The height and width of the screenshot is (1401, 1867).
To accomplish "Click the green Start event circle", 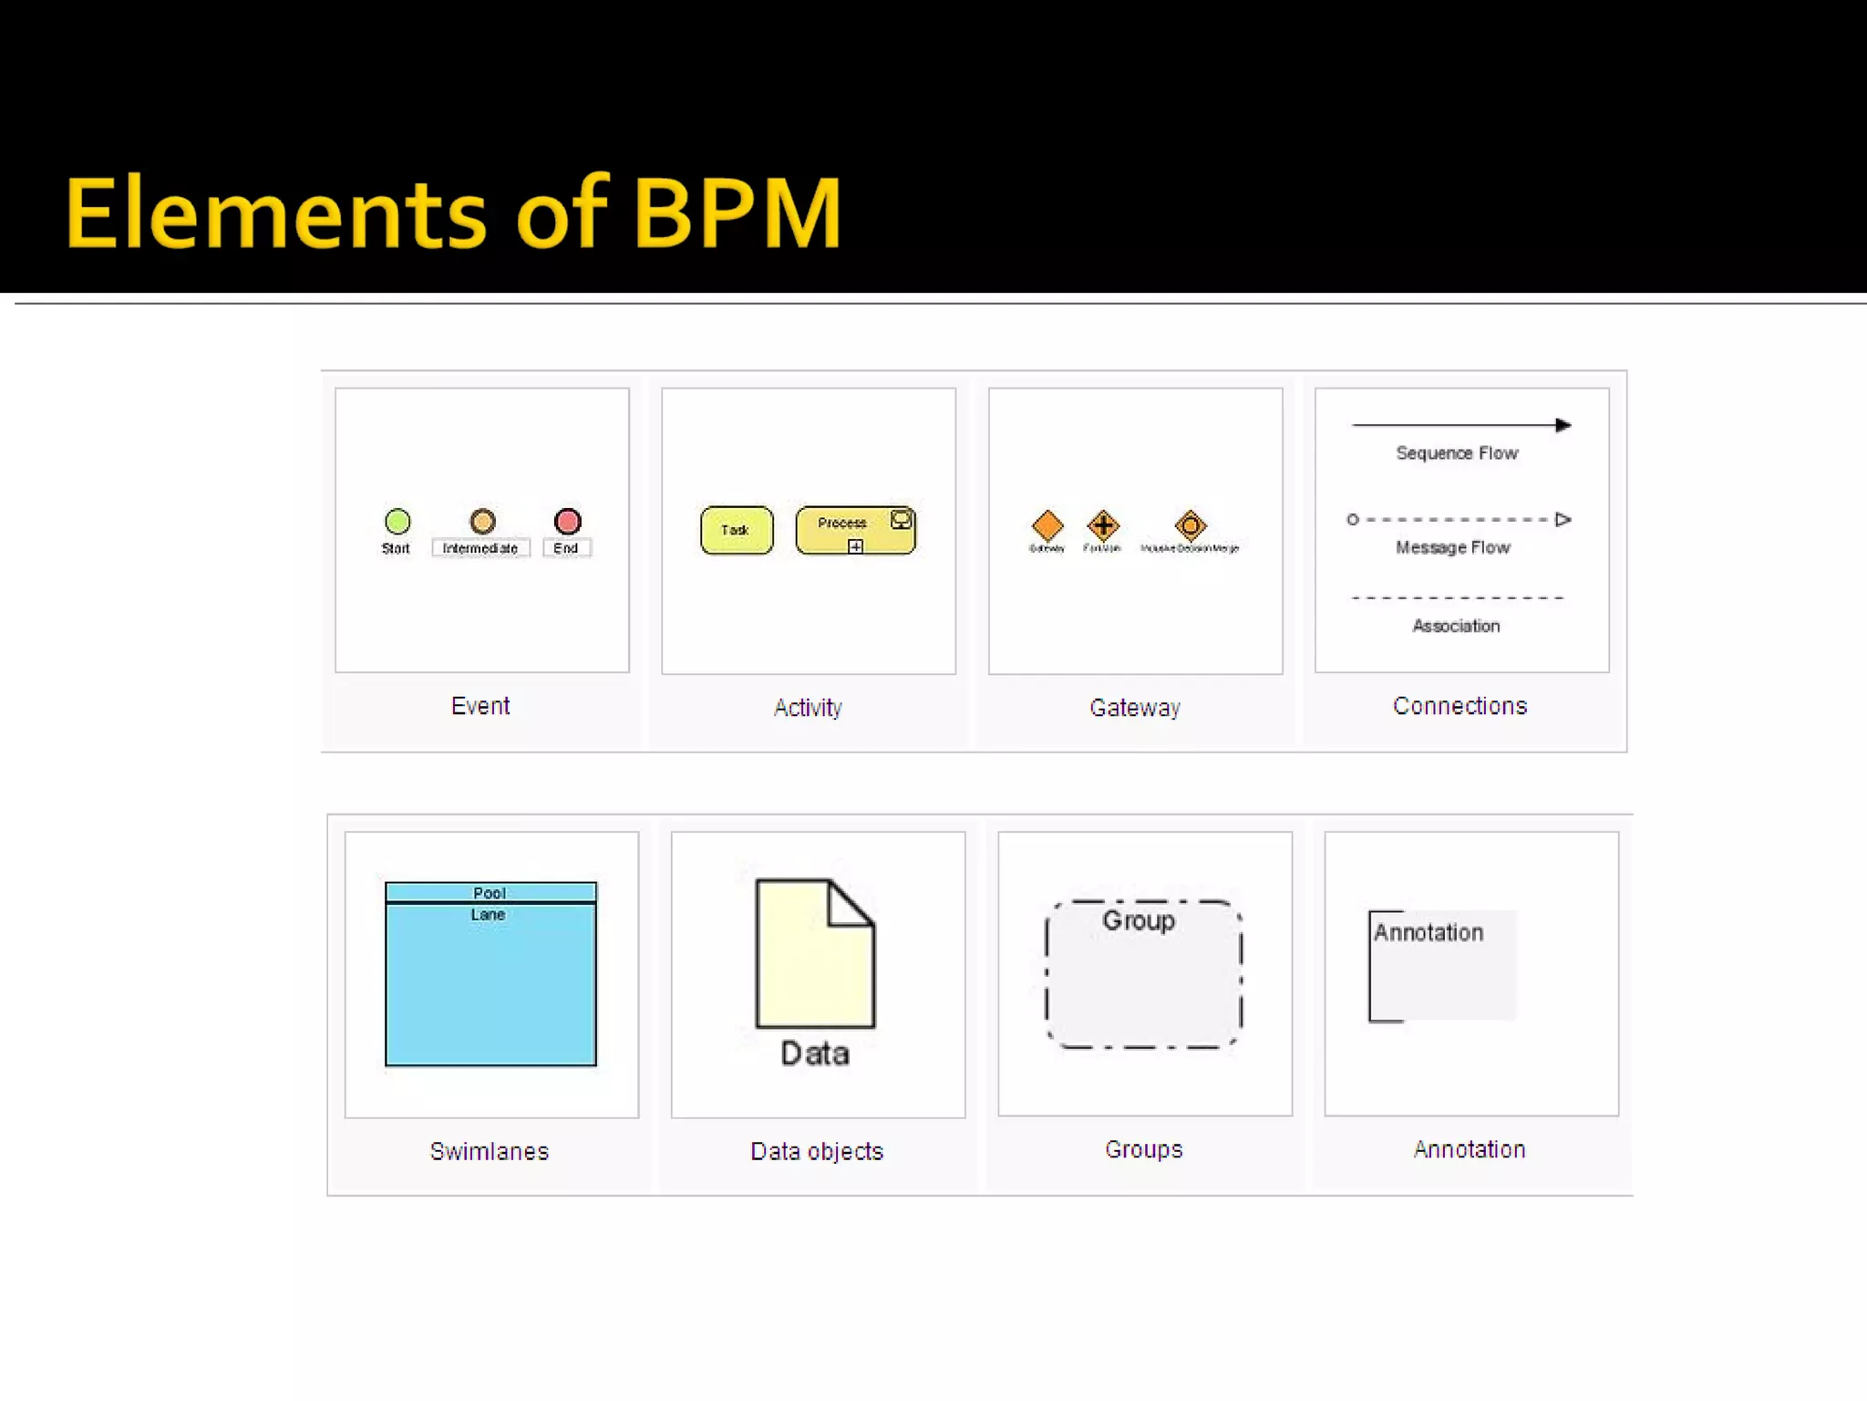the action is pos(397,522).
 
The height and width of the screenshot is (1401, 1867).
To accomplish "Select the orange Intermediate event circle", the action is pos(482,522).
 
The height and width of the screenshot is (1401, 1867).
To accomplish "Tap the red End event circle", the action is pos(567,521).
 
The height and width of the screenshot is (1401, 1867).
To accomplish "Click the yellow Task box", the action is pos(737,530).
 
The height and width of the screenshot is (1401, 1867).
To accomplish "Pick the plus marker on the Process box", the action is pos(855,546).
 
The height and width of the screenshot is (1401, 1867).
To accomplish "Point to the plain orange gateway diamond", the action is pos(1047,525).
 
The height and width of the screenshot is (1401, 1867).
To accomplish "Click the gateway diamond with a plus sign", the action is pos(1103,524).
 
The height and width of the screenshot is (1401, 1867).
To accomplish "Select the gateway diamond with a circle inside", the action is pos(1191,525).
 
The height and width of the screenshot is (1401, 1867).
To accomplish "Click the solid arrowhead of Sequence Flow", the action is pos(1563,425).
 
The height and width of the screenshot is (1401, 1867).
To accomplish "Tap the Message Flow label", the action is pos(1453,547).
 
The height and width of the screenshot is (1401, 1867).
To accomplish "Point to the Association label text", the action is pos(1456,626).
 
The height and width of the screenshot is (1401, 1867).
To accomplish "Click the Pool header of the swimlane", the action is pos(490,892).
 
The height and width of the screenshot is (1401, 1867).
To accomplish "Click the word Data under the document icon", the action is pos(815,1054).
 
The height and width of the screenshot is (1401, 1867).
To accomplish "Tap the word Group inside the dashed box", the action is pos(1139,920).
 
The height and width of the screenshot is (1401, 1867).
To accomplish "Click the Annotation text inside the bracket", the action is pos(1429,932).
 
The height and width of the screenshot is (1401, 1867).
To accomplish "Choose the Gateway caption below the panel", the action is pos(1135,708).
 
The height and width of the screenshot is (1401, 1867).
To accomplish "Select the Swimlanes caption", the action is pos(490,1151).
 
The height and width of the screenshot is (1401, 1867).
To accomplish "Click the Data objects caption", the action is pos(817,1151).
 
